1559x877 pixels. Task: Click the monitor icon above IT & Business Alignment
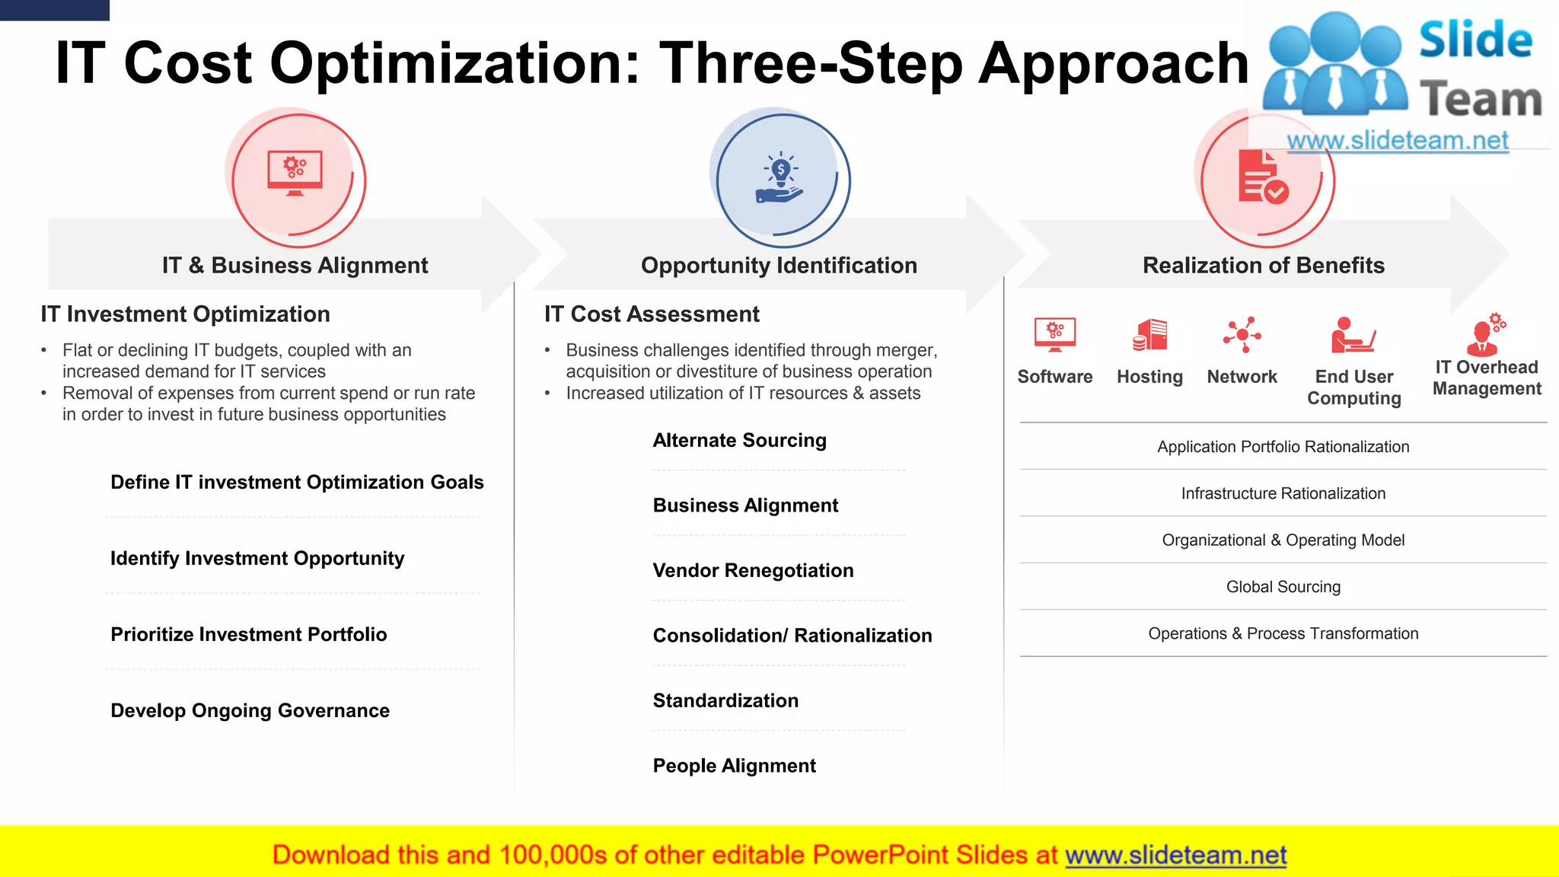(x=295, y=173)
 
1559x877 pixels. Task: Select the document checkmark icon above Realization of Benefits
(x=1263, y=177)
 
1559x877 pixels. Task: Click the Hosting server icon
(x=1150, y=335)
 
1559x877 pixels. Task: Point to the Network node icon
(x=1242, y=335)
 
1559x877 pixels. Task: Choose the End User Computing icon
(x=1353, y=336)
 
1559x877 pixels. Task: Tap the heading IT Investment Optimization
(x=186, y=314)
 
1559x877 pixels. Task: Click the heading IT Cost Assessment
(x=652, y=314)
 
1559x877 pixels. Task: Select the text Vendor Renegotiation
(x=753, y=570)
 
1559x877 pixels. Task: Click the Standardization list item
(x=725, y=700)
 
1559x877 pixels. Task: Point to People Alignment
(x=734, y=765)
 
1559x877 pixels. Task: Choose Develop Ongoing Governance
(x=250, y=710)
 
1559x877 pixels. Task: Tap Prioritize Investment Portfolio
(x=248, y=634)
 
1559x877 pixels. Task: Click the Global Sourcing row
(x=1283, y=587)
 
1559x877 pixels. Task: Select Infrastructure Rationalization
(x=1283, y=493)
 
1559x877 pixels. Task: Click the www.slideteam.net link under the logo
(x=1398, y=141)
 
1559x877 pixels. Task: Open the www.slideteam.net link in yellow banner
(x=1175, y=855)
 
